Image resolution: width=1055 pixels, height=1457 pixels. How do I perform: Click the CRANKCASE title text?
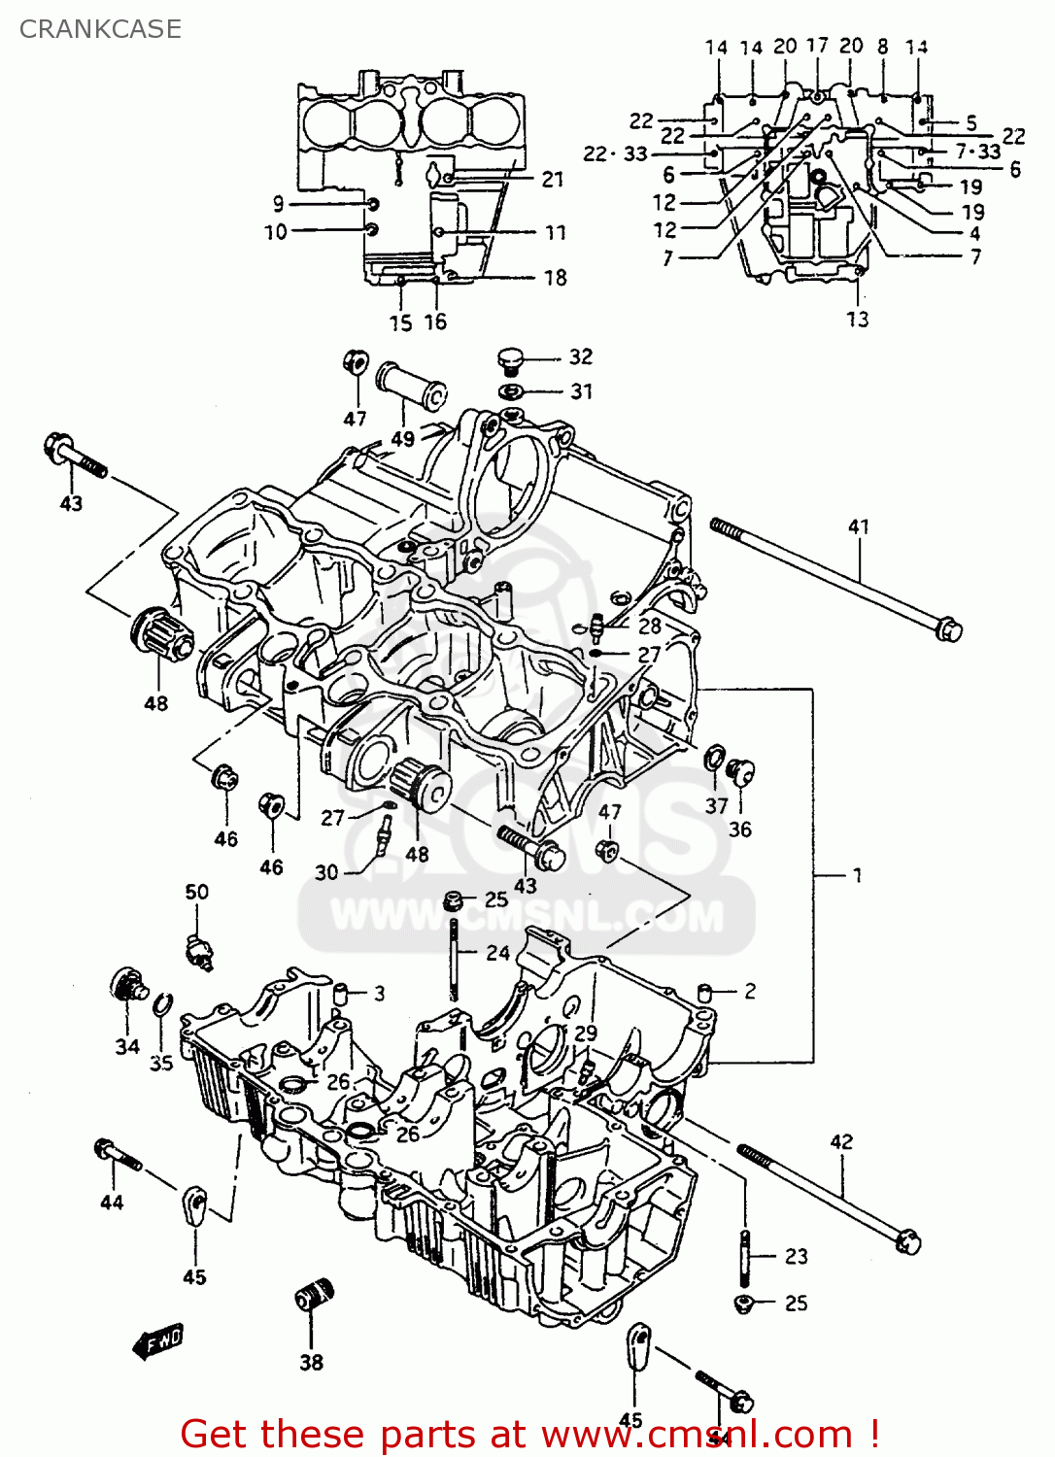click(x=100, y=29)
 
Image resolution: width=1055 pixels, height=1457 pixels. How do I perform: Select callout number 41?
click(x=859, y=526)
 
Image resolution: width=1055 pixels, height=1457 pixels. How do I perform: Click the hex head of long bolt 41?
click(x=948, y=628)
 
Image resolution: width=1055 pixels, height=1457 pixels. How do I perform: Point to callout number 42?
click(x=841, y=1141)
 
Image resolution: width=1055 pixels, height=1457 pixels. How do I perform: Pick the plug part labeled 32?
click(x=510, y=359)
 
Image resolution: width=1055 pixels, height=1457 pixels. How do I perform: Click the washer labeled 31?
click(x=511, y=391)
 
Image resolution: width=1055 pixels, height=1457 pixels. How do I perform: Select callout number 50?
click(x=196, y=892)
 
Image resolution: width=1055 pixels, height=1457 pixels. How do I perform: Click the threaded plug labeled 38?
click(x=314, y=1298)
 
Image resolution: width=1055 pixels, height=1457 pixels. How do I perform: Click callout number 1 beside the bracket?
click(x=857, y=875)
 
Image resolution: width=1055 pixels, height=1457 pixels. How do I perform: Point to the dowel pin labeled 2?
click(x=706, y=992)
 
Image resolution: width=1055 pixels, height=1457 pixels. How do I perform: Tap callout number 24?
click(x=497, y=953)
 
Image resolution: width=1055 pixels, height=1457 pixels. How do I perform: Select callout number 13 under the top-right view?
click(x=857, y=320)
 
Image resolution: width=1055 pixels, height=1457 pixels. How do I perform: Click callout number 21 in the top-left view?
click(x=553, y=179)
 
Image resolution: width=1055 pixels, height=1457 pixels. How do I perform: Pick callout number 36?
click(x=740, y=830)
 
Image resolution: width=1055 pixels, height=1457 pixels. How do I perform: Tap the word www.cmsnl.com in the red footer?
click(x=696, y=1434)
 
